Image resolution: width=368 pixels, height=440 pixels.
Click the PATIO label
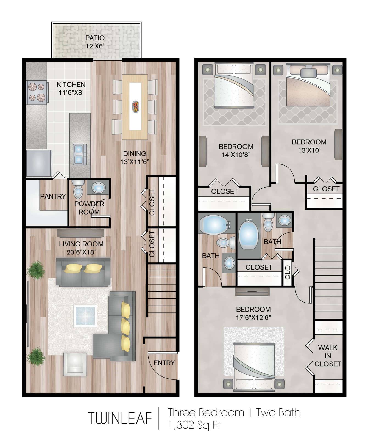(95, 38)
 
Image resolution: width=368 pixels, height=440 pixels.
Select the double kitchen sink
(80, 154)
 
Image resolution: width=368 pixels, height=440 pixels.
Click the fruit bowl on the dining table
(136, 107)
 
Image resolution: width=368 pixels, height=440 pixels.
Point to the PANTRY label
(53, 196)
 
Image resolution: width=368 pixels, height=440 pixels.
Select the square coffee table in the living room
(85, 316)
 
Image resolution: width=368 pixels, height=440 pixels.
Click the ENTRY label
(164, 363)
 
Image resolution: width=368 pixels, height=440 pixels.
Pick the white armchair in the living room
(75, 364)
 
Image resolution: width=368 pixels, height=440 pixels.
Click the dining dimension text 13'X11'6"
(135, 161)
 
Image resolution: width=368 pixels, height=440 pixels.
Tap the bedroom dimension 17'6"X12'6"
(253, 317)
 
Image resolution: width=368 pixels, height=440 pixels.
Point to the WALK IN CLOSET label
(328, 356)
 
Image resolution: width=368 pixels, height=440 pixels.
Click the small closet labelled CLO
(288, 273)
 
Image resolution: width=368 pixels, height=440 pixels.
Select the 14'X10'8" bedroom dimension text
(236, 155)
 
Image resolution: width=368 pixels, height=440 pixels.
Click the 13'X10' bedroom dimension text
(309, 150)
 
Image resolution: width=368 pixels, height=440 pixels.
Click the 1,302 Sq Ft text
(194, 425)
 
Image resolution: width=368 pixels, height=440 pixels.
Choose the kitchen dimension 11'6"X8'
(71, 92)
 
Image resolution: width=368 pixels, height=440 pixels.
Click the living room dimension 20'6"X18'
(81, 252)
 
